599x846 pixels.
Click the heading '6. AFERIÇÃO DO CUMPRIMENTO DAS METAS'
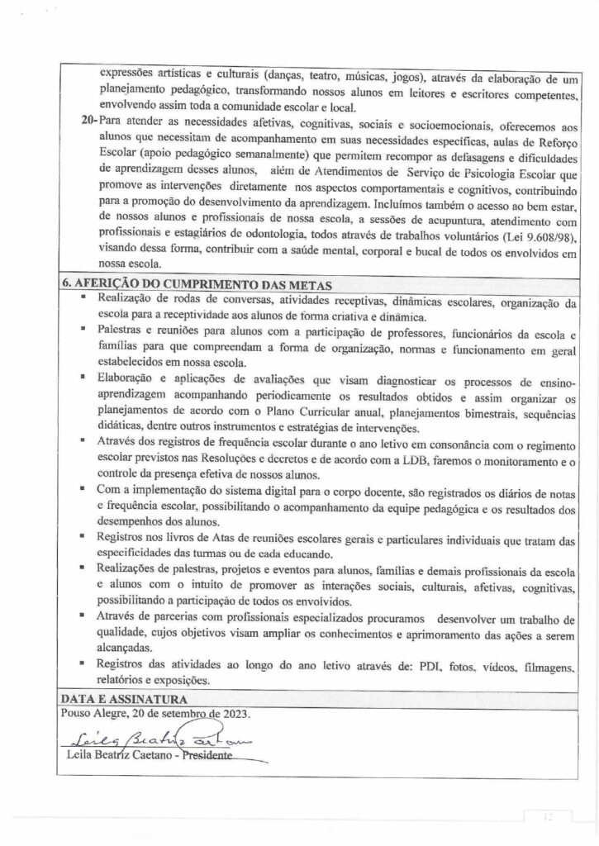pos(197,283)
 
